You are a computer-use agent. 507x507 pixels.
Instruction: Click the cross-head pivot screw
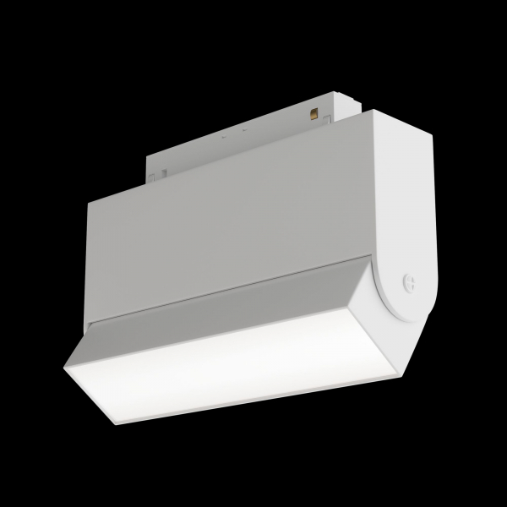point(412,283)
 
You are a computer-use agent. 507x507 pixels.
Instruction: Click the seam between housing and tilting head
point(228,285)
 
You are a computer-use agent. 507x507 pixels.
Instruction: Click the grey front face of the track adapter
point(220,148)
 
